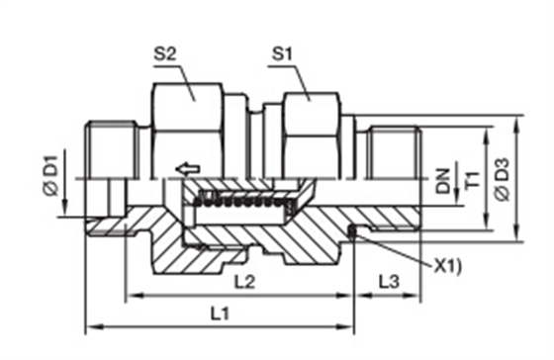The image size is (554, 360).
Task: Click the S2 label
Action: [x=164, y=54]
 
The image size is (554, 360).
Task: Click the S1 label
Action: [x=282, y=54]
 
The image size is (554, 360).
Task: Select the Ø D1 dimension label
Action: [x=50, y=175]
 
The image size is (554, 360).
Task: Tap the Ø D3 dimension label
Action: [x=503, y=179]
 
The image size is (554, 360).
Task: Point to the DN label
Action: [x=443, y=181]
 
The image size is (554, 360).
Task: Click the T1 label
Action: [x=473, y=180]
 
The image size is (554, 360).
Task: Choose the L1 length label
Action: [x=220, y=314]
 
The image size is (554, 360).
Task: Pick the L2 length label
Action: [x=245, y=282]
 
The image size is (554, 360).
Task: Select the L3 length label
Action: [x=389, y=282]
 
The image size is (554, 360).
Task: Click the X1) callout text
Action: [x=447, y=267]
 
